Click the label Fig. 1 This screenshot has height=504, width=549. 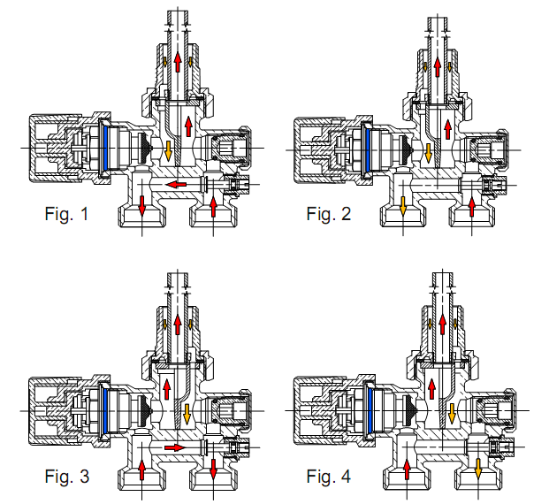[x=66, y=214]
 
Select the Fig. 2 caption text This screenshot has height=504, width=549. [x=330, y=214]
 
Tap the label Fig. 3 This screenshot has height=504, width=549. [x=66, y=477]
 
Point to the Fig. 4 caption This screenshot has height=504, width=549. [x=330, y=477]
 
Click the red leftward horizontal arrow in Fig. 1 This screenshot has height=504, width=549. [x=181, y=185]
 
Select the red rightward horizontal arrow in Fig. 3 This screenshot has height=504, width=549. [x=175, y=447]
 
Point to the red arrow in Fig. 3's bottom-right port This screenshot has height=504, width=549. [x=213, y=468]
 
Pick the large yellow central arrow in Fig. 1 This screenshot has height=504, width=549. [x=167, y=150]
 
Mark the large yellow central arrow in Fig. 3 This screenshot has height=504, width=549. [x=188, y=411]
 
